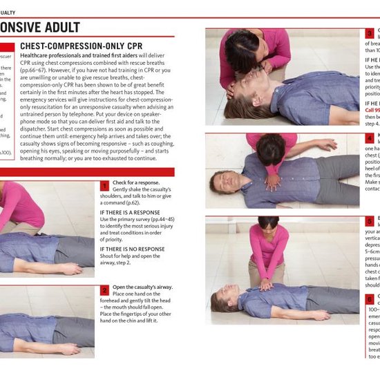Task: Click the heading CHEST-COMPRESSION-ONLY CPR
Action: pyautogui.click(x=87, y=46)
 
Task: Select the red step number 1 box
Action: pyautogui.click(x=104, y=186)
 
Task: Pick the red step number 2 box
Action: pyautogui.click(x=104, y=291)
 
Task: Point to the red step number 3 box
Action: pyautogui.click(x=370, y=32)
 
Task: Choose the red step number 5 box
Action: pyautogui.click(x=370, y=221)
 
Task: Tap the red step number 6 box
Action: pyautogui.click(x=370, y=299)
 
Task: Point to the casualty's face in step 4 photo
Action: pyautogui.click(x=220, y=182)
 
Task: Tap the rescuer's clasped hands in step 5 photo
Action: pyautogui.click(x=265, y=283)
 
